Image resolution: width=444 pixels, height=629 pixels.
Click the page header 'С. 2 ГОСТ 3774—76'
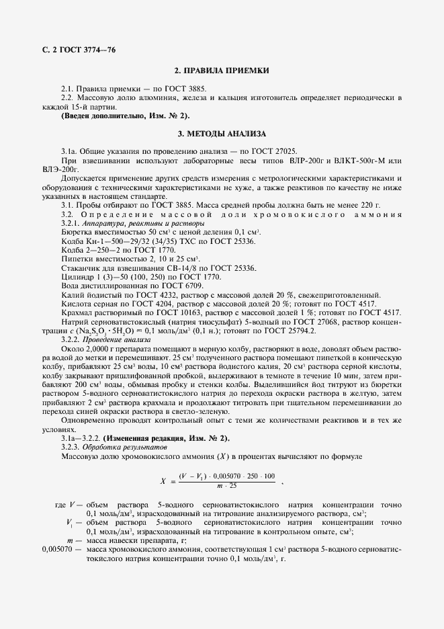(73, 51)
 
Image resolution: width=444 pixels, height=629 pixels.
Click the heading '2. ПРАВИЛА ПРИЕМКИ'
(221, 71)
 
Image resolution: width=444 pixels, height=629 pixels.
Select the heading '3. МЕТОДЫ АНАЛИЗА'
(221, 134)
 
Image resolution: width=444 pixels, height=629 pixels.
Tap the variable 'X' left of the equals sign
(163, 481)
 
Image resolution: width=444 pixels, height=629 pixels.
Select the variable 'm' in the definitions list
(70, 540)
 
